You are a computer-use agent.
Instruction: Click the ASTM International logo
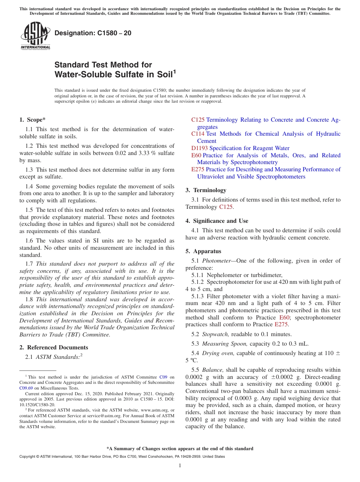(35, 36)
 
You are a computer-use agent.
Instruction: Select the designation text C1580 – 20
(93, 33)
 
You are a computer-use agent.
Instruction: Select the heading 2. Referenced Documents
(54, 347)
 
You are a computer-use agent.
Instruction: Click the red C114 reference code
(198, 134)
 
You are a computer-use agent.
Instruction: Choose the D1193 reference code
(199, 148)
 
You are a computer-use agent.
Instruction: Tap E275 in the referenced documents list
(198, 169)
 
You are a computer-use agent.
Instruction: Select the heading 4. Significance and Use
(217, 221)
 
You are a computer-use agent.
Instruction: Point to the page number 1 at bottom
(180, 466)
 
